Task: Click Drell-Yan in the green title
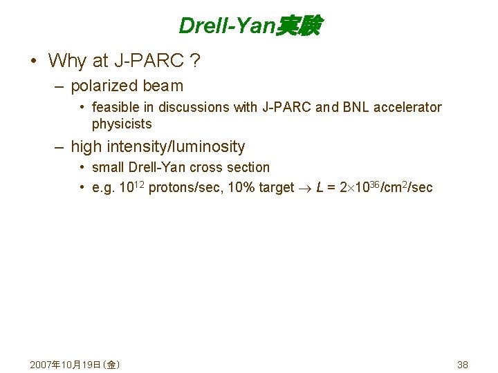pos(227,26)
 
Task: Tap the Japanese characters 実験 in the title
pos(298,26)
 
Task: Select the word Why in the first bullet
pos(67,61)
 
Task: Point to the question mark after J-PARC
pos(196,61)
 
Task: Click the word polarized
pos(104,86)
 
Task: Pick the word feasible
pos(116,107)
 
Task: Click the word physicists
pos(122,124)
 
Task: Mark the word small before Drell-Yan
pos(108,167)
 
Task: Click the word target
pos(276,187)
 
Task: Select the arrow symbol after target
pos(304,188)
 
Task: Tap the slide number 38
pos(463,364)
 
